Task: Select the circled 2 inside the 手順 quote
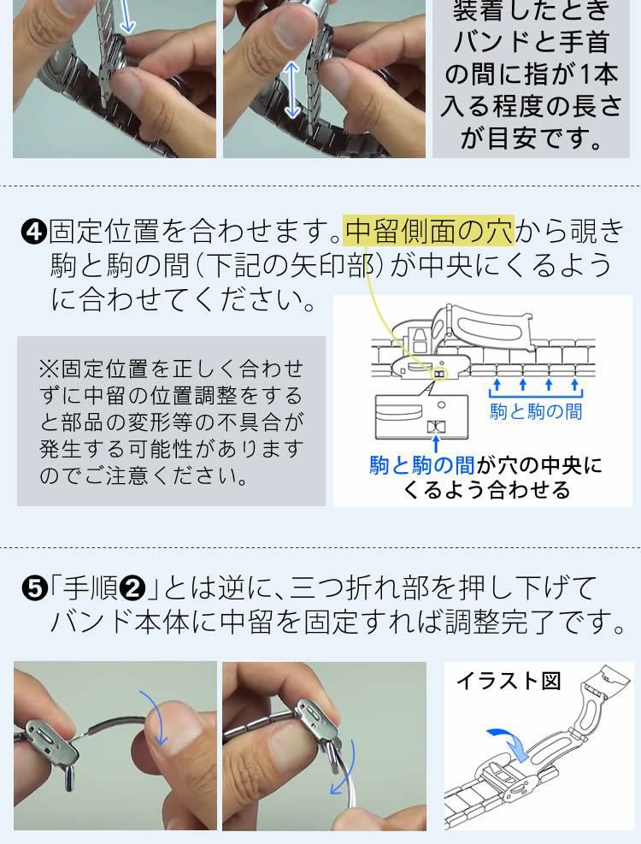pyautogui.click(x=133, y=589)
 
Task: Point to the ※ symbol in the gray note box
pyautogui.click(x=48, y=369)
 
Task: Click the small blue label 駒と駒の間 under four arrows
pyautogui.click(x=535, y=411)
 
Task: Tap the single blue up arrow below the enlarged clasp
pyautogui.click(x=437, y=444)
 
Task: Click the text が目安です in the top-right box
pyautogui.click(x=532, y=138)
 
